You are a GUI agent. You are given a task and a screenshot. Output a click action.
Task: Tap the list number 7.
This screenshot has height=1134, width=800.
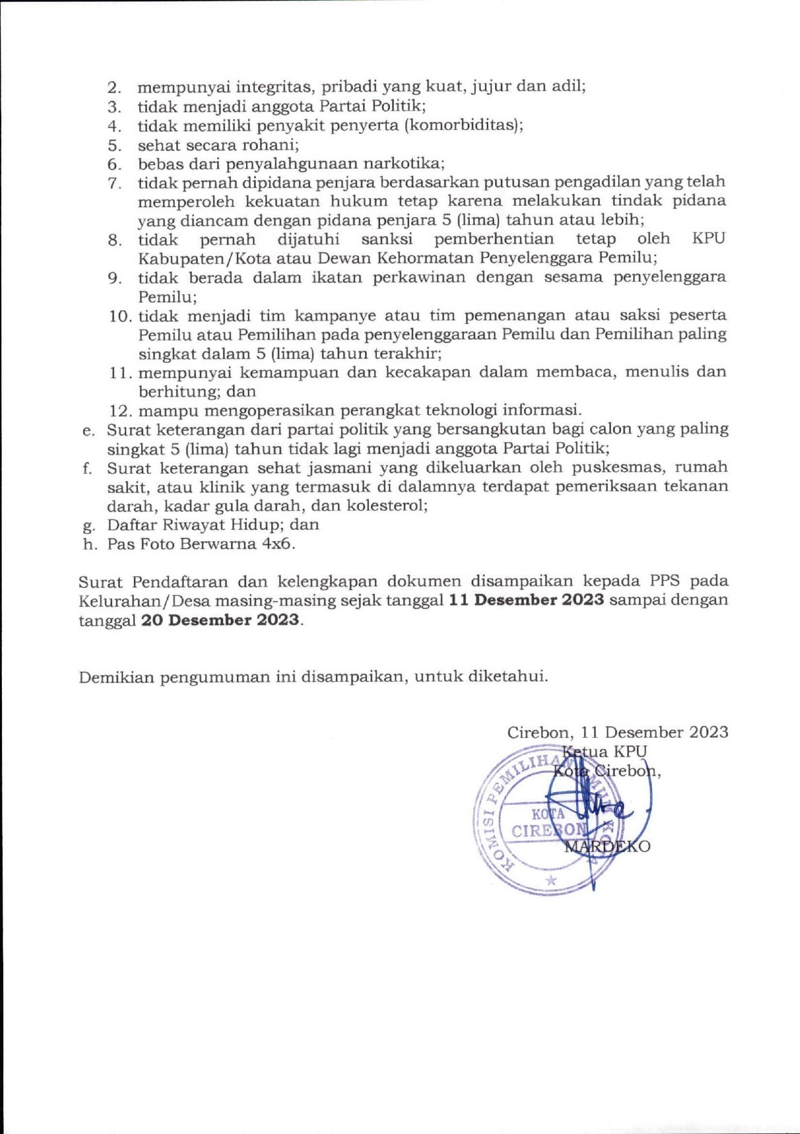(x=115, y=184)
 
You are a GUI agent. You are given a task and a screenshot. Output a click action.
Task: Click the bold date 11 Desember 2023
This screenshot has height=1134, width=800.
(x=526, y=600)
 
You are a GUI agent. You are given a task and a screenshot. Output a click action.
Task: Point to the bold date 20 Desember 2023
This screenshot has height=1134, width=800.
(x=221, y=619)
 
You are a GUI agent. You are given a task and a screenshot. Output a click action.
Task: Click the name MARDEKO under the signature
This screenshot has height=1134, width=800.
(x=607, y=847)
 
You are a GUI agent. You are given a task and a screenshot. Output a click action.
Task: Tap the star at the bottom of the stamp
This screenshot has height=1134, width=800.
(x=551, y=880)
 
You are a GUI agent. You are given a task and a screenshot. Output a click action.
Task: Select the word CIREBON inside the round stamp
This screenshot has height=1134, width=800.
(x=549, y=831)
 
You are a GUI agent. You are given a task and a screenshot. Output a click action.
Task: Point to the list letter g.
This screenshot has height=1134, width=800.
(x=89, y=526)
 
